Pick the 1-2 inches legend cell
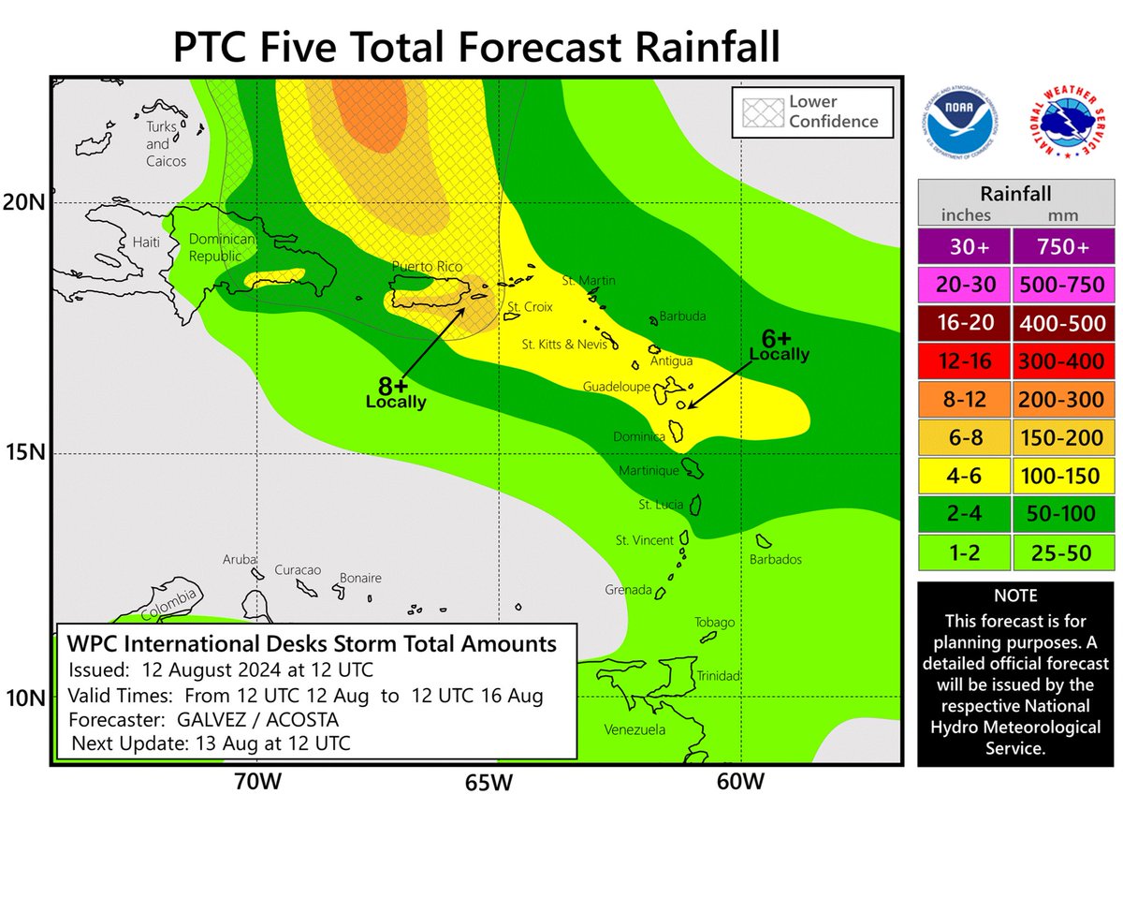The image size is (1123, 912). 963,552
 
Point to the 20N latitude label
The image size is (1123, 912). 25,202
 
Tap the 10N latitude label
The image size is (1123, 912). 25,699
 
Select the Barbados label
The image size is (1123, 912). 776,560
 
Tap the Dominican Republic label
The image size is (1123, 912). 208,245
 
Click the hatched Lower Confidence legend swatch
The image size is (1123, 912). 759,111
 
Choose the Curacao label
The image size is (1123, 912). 298,570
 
